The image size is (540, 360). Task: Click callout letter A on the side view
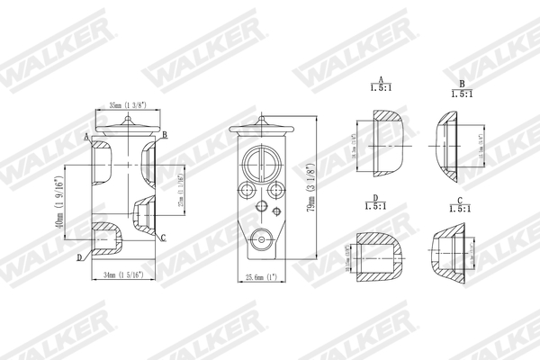pyautogui.click(x=86, y=137)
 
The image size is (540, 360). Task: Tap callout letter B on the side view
pyautogui.click(x=165, y=134)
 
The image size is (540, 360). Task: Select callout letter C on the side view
pyautogui.click(x=163, y=238)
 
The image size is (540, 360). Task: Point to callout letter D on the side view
pyautogui.click(x=80, y=257)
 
